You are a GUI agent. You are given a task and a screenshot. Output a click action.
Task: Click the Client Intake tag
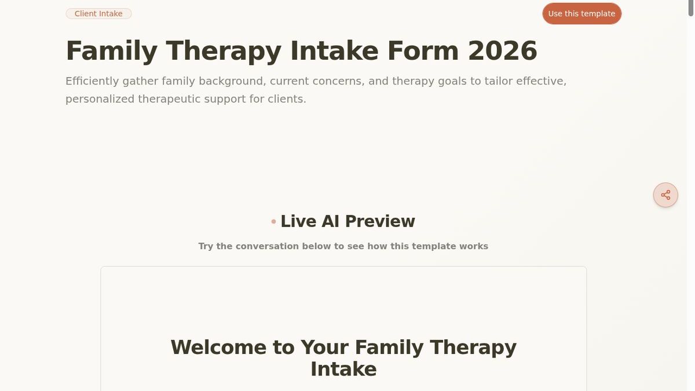click(x=98, y=13)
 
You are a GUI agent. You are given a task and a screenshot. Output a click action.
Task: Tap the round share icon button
click(x=665, y=195)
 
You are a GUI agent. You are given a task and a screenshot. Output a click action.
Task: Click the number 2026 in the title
click(x=502, y=51)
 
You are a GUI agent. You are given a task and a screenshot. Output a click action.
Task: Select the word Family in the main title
click(x=111, y=51)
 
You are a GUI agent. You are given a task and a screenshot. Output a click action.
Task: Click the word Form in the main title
click(x=423, y=51)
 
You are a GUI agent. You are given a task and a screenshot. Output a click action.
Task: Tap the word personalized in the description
click(x=100, y=99)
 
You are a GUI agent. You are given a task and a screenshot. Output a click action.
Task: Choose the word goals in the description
click(x=452, y=81)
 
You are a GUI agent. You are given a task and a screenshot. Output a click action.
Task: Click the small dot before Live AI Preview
click(x=273, y=222)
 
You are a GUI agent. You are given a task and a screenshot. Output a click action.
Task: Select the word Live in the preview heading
click(x=298, y=221)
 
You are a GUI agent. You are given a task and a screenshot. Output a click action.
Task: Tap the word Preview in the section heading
click(x=380, y=221)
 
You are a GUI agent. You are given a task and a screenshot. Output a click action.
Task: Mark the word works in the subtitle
click(x=474, y=246)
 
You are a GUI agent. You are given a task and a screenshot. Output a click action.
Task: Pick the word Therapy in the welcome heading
click(x=473, y=348)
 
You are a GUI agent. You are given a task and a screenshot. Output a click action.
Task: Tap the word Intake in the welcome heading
click(x=343, y=369)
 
